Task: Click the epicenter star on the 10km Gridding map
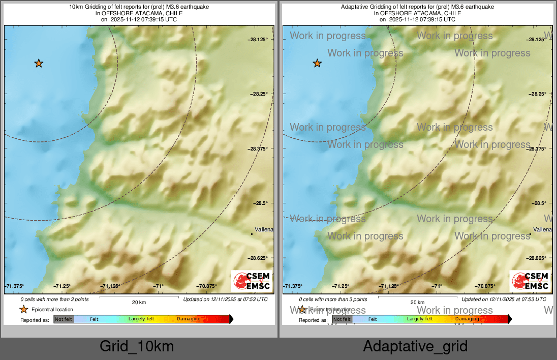pyautogui.click(x=39, y=64)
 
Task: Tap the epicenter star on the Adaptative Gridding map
pyautogui.click(x=317, y=64)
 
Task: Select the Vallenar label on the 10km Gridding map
pyautogui.click(x=264, y=230)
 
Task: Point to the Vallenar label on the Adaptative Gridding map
pyautogui.click(x=543, y=230)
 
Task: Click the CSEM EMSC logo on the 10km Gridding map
pyautogui.click(x=252, y=281)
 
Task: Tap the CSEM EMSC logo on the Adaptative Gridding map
pyautogui.click(x=531, y=281)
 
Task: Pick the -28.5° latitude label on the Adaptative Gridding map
pyautogui.click(x=540, y=203)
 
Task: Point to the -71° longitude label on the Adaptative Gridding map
pyautogui.click(x=437, y=286)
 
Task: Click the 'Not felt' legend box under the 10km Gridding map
pyautogui.click(x=64, y=319)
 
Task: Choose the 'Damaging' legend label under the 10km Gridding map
pyautogui.click(x=189, y=319)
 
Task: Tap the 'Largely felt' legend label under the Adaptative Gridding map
pyautogui.click(x=420, y=319)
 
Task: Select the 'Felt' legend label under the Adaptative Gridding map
pyautogui.click(x=373, y=319)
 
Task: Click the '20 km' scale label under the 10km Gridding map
pyautogui.click(x=139, y=302)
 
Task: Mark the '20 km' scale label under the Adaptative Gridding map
pyautogui.click(x=417, y=302)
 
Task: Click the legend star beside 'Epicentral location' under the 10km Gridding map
pyautogui.click(x=23, y=310)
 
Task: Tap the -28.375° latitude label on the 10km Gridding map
pyautogui.click(x=261, y=148)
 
